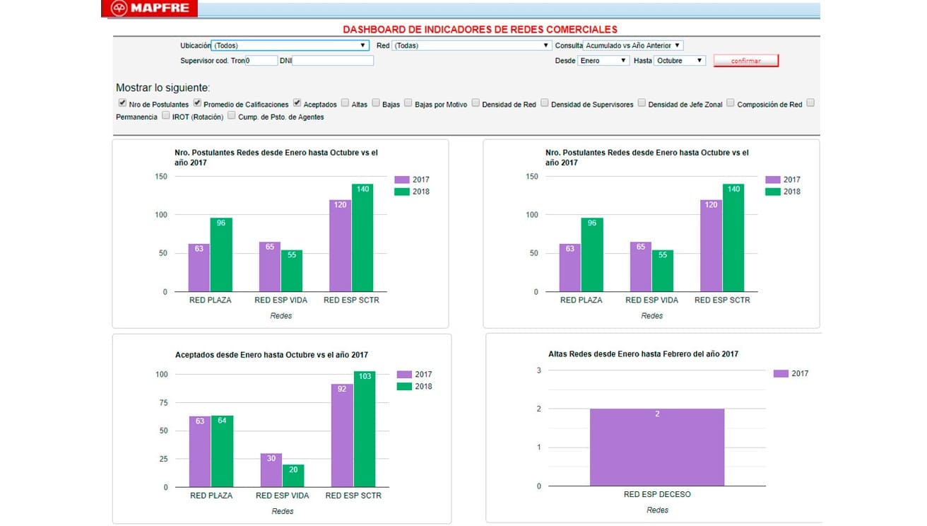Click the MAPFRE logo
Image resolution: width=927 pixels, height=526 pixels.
click(x=149, y=9)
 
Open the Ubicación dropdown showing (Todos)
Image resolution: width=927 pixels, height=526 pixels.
click(x=290, y=45)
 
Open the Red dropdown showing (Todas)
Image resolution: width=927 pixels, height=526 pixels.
click(x=471, y=45)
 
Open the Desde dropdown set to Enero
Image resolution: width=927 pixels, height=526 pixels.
click(x=603, y=61)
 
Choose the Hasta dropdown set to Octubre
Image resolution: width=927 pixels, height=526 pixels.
click(x=679, y=61)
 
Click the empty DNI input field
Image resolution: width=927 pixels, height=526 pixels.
click(x=333, y=61)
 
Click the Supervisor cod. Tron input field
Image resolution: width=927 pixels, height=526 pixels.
click(x=261, y=61)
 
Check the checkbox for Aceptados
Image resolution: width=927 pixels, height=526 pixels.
click(x=297, y=103)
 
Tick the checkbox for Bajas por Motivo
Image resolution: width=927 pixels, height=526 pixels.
click(x=408, y=103)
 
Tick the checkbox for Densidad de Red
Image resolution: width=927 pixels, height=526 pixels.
click(x=476, y=103)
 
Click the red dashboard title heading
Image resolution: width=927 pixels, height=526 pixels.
click(x=480, y=30)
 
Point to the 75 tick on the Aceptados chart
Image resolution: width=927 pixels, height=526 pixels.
click(x=163, y=402)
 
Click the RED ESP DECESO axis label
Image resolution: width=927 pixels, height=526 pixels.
click(x=656, y=494)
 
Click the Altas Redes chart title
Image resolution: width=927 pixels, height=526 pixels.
click(x=643, y=353)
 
